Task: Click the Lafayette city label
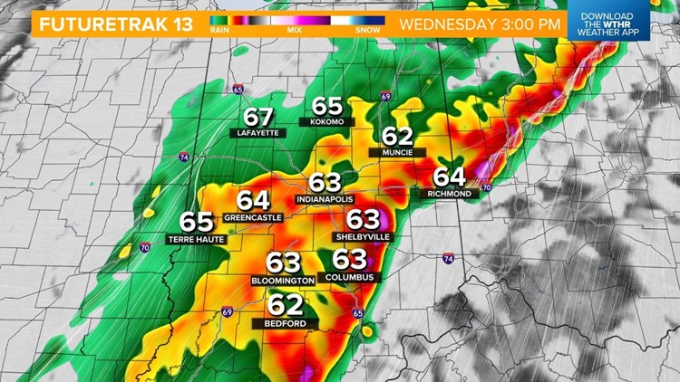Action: click(258, 132)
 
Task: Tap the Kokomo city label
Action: click(327, 121)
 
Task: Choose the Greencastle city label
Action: click(253, 217)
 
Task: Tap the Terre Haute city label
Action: click(196, 239)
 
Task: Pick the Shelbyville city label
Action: click(363, 235)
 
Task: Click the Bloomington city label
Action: click(283, 281)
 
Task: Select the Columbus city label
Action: click(349, 276)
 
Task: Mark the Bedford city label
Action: click(285, 323)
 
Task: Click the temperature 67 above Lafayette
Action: click(258, 117)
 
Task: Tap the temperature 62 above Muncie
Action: click(397, 137)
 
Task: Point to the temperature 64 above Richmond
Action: click(448, 177)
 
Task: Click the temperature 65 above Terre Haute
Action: click(196, 222)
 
